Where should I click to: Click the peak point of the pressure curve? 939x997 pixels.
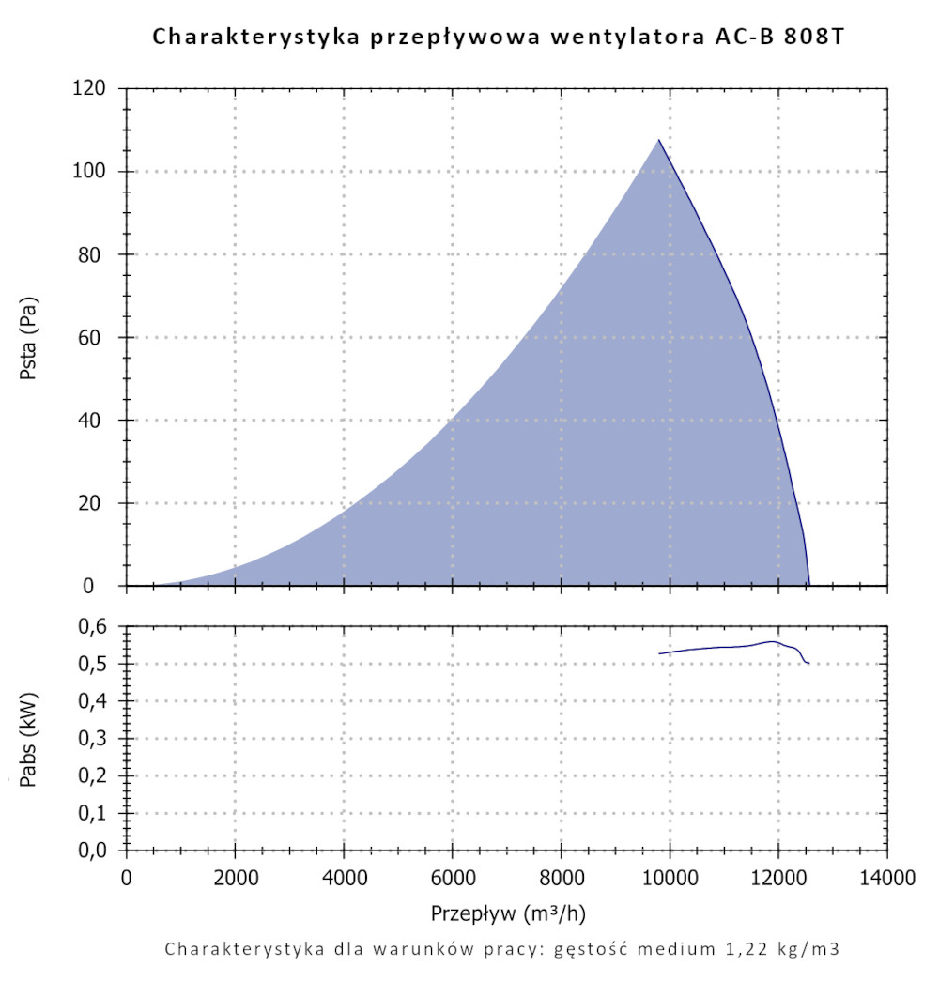[659, 140]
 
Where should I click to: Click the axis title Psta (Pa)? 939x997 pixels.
[29, 338]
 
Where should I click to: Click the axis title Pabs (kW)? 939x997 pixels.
[29, 739]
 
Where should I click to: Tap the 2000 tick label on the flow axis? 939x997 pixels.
[235, 879]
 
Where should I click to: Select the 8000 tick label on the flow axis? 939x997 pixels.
[561, 879]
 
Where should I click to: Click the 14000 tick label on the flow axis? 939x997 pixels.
[886, 879]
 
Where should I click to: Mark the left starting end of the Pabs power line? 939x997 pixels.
[659, 653]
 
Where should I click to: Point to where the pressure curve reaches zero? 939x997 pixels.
[809, 585]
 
